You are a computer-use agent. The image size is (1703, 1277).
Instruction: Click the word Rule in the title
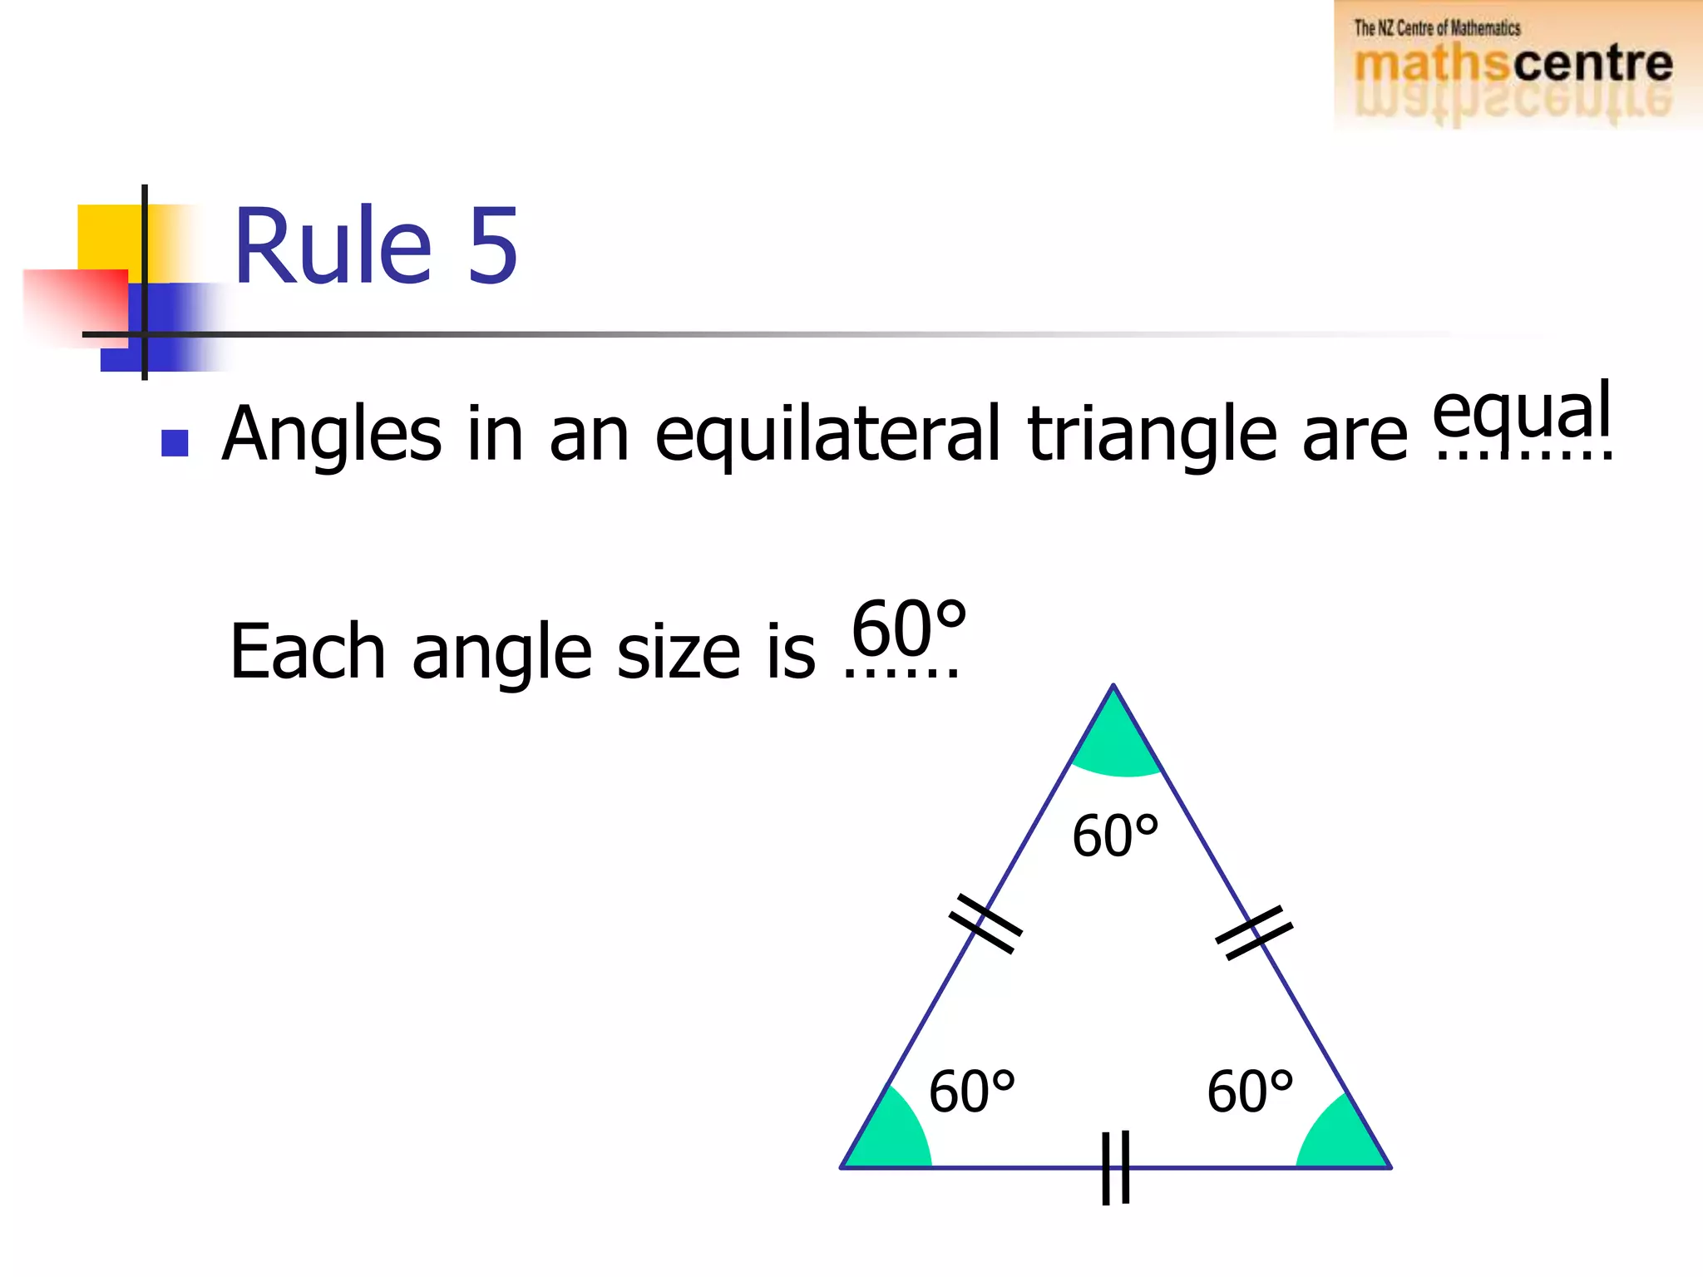coord(333,246)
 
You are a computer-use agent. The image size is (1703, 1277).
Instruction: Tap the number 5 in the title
coord(493,246)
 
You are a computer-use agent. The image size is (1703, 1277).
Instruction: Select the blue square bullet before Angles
coord(175,442)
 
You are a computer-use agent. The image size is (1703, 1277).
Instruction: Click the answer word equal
coord(1522,412)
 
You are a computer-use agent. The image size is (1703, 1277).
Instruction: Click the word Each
coord(308,652)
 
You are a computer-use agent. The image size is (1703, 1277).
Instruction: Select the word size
coord(678,652)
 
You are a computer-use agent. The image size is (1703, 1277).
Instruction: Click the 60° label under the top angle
coord(1115,836)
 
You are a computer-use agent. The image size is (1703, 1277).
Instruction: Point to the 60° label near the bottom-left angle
coord(971,1092)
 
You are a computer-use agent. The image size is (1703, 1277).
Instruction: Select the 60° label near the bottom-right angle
coord(1250,1092)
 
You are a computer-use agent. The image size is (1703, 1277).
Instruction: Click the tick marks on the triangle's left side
coord(986,924)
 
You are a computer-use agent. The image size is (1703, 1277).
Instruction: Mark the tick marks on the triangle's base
coord(1115,1167)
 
